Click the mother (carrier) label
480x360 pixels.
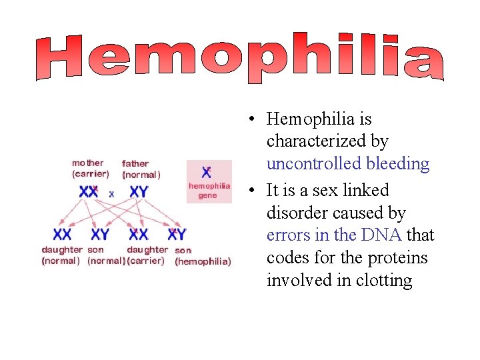90,169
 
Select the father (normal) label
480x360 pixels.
141,169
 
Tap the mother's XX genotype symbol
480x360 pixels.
89,192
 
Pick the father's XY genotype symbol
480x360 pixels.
139,192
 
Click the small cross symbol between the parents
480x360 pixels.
111,193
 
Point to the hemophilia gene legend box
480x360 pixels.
209,182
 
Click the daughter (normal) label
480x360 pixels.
61,255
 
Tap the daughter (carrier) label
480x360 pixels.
147,255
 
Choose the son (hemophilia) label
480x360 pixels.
203,257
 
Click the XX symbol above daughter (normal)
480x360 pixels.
62,235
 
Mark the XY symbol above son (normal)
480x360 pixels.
100,235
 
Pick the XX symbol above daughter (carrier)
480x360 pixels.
139,235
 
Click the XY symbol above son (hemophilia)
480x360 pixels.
177,235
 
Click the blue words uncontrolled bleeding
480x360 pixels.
348,164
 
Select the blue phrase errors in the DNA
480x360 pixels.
334,235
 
